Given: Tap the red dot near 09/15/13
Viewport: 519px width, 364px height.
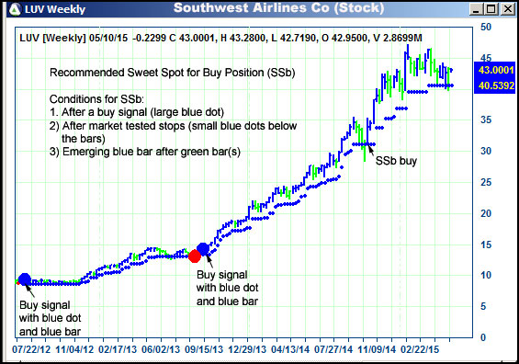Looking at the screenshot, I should tap(195, 256).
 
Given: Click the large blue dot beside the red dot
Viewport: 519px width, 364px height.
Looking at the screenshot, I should tap(204, 249).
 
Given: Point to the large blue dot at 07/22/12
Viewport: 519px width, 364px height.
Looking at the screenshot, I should tap(24, 279).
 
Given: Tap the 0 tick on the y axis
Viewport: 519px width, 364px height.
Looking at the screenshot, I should tap(484, 337).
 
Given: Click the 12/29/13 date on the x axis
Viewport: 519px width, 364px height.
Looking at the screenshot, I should tap(246, 349).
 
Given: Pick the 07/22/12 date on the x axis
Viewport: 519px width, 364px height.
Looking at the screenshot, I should tap(32, 349).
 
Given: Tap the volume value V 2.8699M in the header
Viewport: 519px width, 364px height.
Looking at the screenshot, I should tap(397, 39).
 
